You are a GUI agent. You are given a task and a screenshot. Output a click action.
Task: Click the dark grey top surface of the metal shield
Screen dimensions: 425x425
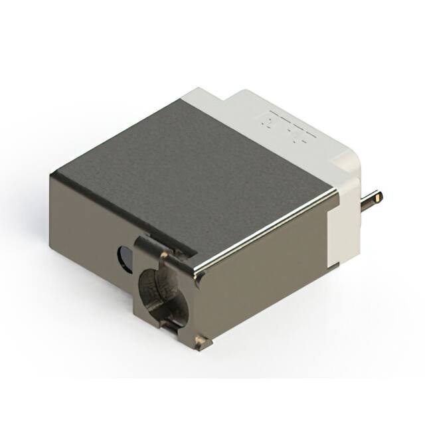[199, 166]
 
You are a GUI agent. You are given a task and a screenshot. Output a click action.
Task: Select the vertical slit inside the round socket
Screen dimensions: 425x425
[158, 296]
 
